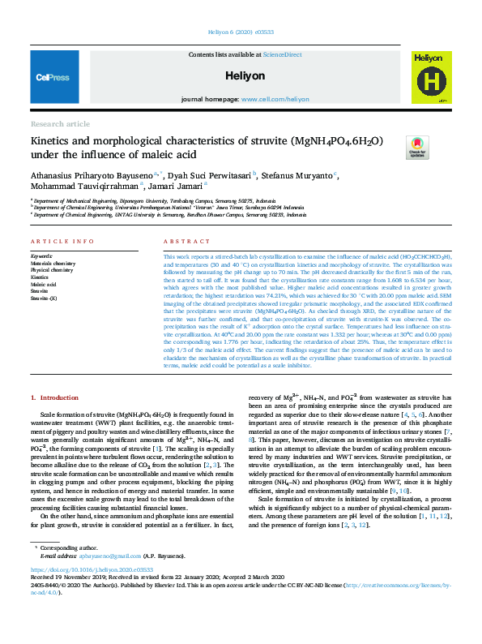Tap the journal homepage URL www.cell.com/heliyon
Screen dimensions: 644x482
(x=275, y=99)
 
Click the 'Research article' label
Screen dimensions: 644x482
(x=60, y=124)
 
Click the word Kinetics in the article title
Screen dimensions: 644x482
(x=51, y=141)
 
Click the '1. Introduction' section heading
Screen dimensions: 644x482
(x=54, y=397)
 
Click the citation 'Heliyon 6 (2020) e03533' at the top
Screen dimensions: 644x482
(x=241, y=32)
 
